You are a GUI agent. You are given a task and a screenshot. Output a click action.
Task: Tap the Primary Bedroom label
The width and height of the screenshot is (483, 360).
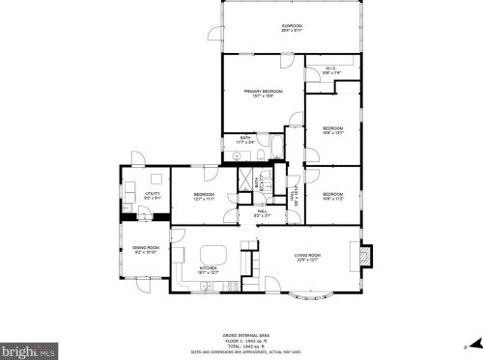click(262, 93)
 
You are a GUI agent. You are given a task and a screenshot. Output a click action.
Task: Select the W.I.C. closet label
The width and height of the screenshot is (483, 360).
click(331, 69)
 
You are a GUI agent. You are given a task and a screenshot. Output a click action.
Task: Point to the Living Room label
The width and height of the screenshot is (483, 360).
click(308, 256)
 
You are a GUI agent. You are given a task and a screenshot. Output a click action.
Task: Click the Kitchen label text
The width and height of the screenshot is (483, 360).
click(208, 270)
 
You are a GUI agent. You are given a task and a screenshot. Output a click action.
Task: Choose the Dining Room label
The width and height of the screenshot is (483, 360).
click(146, 249)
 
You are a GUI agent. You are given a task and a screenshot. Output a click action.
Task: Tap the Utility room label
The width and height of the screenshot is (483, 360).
click(153, 196)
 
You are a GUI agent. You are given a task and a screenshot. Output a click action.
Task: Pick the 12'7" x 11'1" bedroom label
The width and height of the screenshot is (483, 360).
click(204, 197)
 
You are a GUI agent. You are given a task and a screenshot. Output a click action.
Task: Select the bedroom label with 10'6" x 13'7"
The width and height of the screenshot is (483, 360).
click(333, 130)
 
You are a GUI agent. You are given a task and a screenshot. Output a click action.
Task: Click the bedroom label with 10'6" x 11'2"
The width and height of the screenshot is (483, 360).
click(333, 198)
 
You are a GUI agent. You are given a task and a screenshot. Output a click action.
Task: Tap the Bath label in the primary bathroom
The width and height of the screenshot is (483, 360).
click(245, 140)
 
